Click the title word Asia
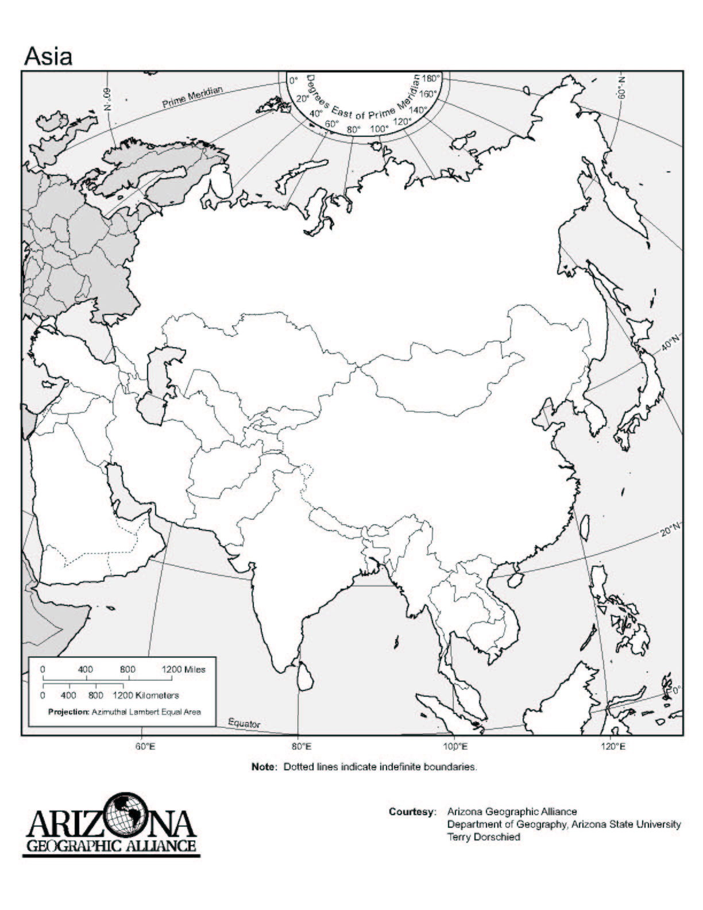click(48, 56)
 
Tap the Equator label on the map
click(244, 723)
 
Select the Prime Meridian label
click(192, 97)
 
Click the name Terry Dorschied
click(484, 836)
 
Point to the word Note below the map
click(264, 767)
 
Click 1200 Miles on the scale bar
click(183, 669)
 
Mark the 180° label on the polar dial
click(431, 79)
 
